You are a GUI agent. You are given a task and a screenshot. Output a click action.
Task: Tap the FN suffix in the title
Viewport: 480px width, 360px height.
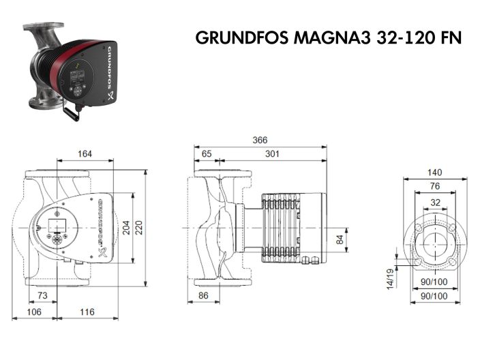(x=449, y=38)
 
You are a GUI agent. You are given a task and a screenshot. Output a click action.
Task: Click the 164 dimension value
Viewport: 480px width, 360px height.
(x=84, y=154)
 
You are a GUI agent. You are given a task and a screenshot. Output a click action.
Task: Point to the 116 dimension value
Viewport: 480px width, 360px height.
(x=85, y=312)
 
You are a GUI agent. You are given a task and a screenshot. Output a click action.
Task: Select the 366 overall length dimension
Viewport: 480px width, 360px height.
(x=260, y=140)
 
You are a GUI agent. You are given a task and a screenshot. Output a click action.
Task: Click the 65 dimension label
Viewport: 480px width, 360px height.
(x=207, y=154)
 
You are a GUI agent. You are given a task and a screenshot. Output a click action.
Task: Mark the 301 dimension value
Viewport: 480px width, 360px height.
(x=272, y=154)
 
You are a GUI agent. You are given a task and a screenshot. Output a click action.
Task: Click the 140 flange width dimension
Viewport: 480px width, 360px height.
(x=434, y=172)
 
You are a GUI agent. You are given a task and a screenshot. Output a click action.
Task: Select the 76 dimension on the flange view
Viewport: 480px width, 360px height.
(x=434, y=186)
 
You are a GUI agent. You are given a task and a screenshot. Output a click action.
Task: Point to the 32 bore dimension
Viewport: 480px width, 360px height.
(x=434, y=201)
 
